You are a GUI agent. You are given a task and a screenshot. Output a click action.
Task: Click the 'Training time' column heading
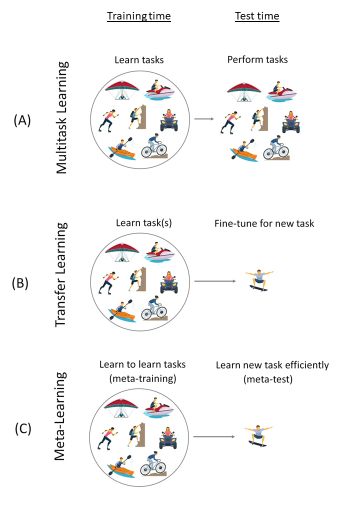point(139,16)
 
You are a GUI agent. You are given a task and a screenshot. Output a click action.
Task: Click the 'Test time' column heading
point(257,16)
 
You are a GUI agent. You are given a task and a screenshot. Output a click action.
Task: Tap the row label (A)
point(22,120)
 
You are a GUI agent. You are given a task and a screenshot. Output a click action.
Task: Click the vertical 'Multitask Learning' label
point(61,118)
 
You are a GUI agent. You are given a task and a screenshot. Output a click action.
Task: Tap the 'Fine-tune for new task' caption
point(264,223)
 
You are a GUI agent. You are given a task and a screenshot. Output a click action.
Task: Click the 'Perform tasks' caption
point(257,59)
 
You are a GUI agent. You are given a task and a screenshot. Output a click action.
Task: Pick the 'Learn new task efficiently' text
point(272,365)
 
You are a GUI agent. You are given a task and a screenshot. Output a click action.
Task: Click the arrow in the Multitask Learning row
point(203,119)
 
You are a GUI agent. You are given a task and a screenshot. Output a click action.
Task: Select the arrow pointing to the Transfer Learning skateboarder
point(214,281)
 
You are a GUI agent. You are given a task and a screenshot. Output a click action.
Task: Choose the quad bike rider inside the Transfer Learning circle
point(168,282)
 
